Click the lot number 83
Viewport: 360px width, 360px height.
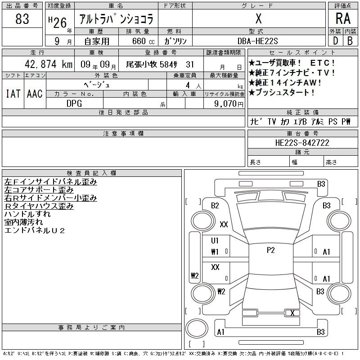tap(22, 19)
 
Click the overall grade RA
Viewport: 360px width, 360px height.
tap(343, 18)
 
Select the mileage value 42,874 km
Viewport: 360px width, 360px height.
tap(49, 64)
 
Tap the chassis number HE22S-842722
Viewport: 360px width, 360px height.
tap(302, 143)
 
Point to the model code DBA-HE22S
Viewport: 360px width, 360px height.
tap(257, 41)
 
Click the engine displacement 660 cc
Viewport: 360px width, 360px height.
tap(143, 41)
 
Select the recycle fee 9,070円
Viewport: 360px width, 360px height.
tap(229, 104)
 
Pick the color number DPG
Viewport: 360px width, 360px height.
tap(74, 103)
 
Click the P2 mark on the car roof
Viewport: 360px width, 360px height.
tap(271, 250)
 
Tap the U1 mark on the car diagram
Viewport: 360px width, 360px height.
tap(215, 241)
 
